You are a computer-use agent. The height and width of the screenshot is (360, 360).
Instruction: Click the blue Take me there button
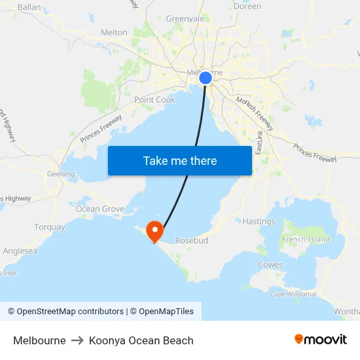(x=180, y=160)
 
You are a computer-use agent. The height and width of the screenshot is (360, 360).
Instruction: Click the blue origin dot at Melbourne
(x=205, y=78)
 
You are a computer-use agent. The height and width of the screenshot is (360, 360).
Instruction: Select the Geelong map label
(x=61, y=174)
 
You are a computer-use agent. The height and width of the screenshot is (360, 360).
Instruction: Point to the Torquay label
(x=50, y=227)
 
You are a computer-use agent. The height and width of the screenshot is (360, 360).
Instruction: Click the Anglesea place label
(x=20, y=251)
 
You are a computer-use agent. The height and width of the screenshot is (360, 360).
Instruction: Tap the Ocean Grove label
(x=99, y=209)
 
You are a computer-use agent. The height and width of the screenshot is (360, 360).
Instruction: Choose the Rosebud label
(x=192, y=241)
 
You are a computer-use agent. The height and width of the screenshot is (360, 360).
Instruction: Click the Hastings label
(x=259, y=221)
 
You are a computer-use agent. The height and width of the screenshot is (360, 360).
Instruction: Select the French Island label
(x=306, y=240)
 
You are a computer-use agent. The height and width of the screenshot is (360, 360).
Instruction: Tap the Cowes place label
(x=270, y=265)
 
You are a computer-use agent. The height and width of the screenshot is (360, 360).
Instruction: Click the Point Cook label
(x=155, y=100)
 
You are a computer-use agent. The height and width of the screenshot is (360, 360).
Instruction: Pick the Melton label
(x=114, y=32)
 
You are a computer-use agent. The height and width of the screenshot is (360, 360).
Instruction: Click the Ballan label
(x=29, y=7)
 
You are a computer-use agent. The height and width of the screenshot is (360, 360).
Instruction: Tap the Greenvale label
(x=185, y=19)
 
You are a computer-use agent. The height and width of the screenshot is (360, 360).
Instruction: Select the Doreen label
(x=247, y=7)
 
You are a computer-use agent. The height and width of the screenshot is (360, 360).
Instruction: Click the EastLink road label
(x=259, y=142)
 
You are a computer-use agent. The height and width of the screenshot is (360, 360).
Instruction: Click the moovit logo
(x=320, y=340)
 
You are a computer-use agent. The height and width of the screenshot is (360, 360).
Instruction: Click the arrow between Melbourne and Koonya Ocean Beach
(x=77, y=340)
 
